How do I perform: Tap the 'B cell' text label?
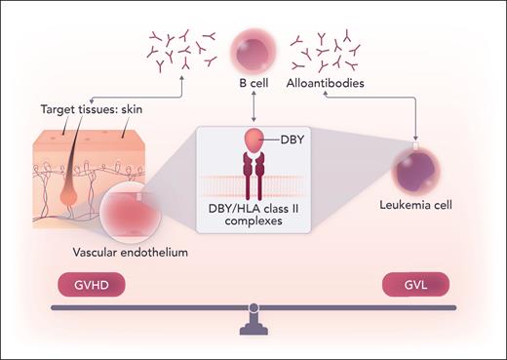pyautogui.click(x=254, y=84)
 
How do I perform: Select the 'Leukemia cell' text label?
pyautogui.click(x=418, y=207)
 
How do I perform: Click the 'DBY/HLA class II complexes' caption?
pyautogui.click(x=254, y=217)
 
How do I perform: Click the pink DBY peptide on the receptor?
pyautogui.click(x=253, y=140)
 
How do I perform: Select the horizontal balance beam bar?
pyautogui.click(x=253, y=308)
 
